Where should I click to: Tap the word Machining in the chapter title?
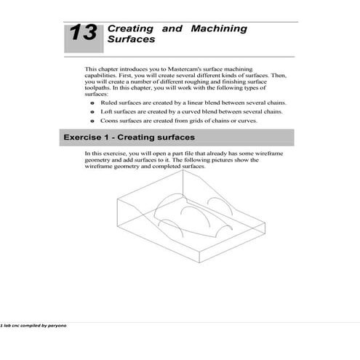point(218,29)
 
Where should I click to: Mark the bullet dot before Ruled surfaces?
point(92,104)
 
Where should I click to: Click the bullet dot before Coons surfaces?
point(92,121)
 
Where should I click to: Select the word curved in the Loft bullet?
point(190,112)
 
